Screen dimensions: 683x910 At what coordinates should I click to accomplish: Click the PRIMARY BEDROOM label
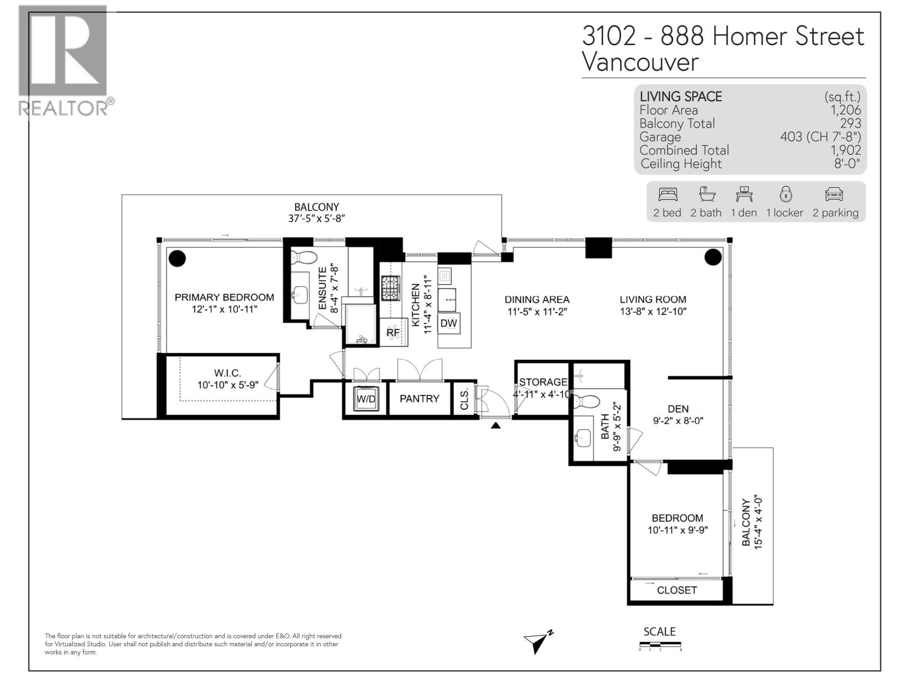[x=224, y=297]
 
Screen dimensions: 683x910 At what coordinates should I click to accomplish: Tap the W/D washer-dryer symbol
[x=366, y=399]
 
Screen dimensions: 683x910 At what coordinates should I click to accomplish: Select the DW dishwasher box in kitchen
[x=449, y=323]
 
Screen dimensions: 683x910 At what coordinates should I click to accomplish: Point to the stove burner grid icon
[x=391, y=288]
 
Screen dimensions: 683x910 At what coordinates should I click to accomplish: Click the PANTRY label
[x=419, y=398]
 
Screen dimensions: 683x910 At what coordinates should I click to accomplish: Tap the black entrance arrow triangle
[x=496, y=425]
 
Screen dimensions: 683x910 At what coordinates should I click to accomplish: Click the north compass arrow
[x=537, y=642]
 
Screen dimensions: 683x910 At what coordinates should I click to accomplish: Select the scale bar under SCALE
[x=660, y=645]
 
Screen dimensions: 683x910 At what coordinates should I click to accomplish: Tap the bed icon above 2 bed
[x=668, y=195]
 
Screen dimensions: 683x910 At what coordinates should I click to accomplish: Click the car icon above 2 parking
[x=834, y=195]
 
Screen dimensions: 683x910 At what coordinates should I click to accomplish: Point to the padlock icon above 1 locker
[x=785, y=194]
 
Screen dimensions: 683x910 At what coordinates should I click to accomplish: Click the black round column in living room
[x=713, y=257]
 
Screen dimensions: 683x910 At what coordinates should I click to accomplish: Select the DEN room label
[x=678, y=409]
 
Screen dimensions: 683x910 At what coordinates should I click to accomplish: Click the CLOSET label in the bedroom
[x=677, y=590]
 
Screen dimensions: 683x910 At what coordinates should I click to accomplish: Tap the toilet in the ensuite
[x=303, y=257]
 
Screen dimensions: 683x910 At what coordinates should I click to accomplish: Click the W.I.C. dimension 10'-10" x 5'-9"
[x=227, y=385]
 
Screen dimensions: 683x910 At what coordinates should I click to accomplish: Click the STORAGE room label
[x=543, y=382]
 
